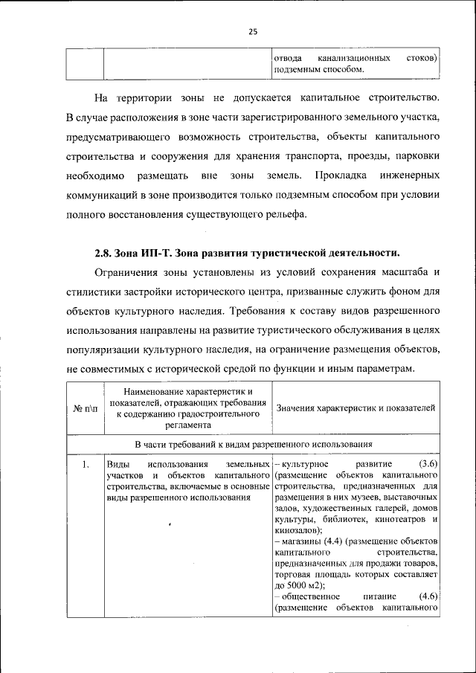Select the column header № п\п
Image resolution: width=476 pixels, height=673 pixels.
click(85, 408)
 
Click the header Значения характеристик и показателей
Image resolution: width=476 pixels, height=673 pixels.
click(356, 408)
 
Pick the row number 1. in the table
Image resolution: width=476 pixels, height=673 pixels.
click(86, 465)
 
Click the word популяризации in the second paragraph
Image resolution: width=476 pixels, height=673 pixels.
click(111, 349)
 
